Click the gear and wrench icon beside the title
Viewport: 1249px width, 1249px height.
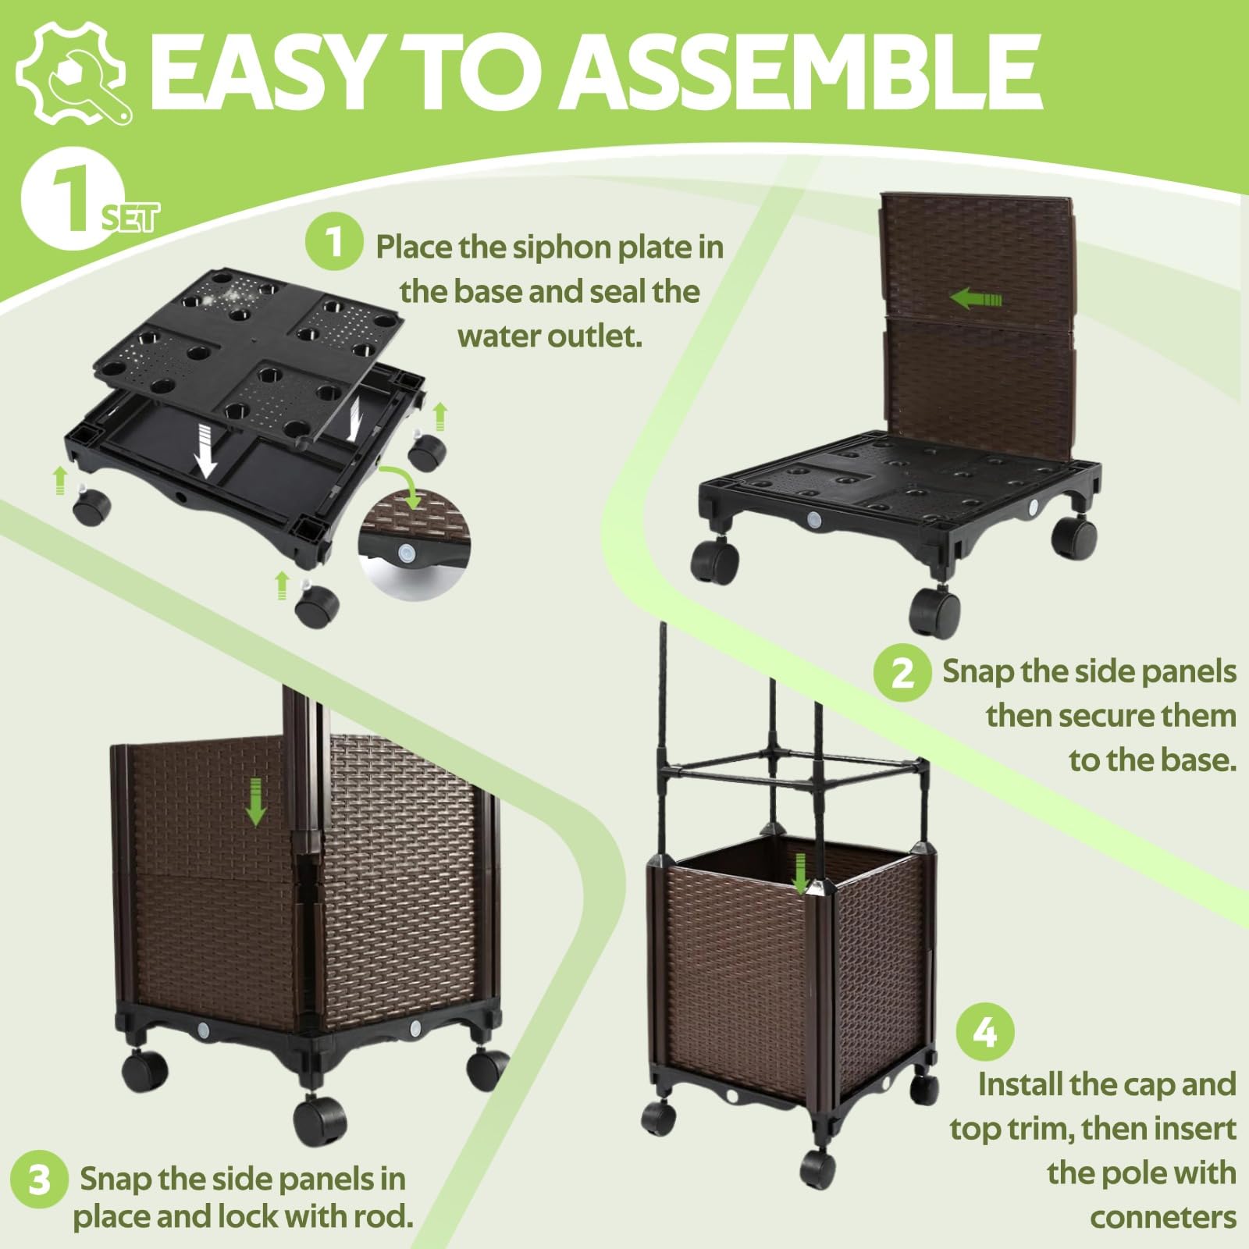(71, 71)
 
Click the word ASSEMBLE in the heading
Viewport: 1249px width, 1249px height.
(799, 73)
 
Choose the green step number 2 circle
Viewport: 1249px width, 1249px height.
(902, 672)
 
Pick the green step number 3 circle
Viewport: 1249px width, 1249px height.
(39, 1181)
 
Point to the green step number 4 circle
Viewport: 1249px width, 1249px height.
(986, 1033)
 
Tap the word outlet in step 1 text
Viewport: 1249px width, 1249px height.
(595, 336)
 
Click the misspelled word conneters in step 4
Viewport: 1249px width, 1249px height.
(1162, 1217)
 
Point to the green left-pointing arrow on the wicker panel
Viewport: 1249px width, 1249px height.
(975, 298)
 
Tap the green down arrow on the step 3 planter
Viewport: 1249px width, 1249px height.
(255, 803)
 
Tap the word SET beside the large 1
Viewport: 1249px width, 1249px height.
(130, 217)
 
